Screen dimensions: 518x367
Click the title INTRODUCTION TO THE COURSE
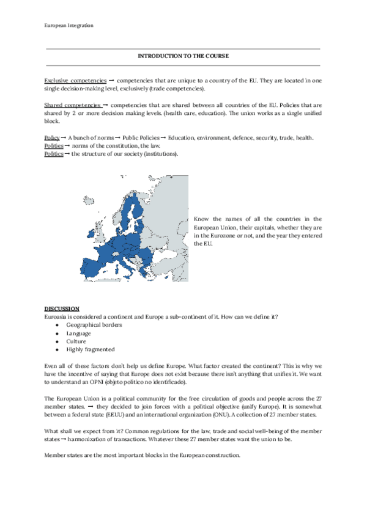[x=183, y=56]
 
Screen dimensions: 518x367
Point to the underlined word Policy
[x=52, y=139]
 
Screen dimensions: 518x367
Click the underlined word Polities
[x=53, y=146]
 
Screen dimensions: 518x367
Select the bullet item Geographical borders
[x=94, y=325]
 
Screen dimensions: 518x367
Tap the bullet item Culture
[x=76, y=341]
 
